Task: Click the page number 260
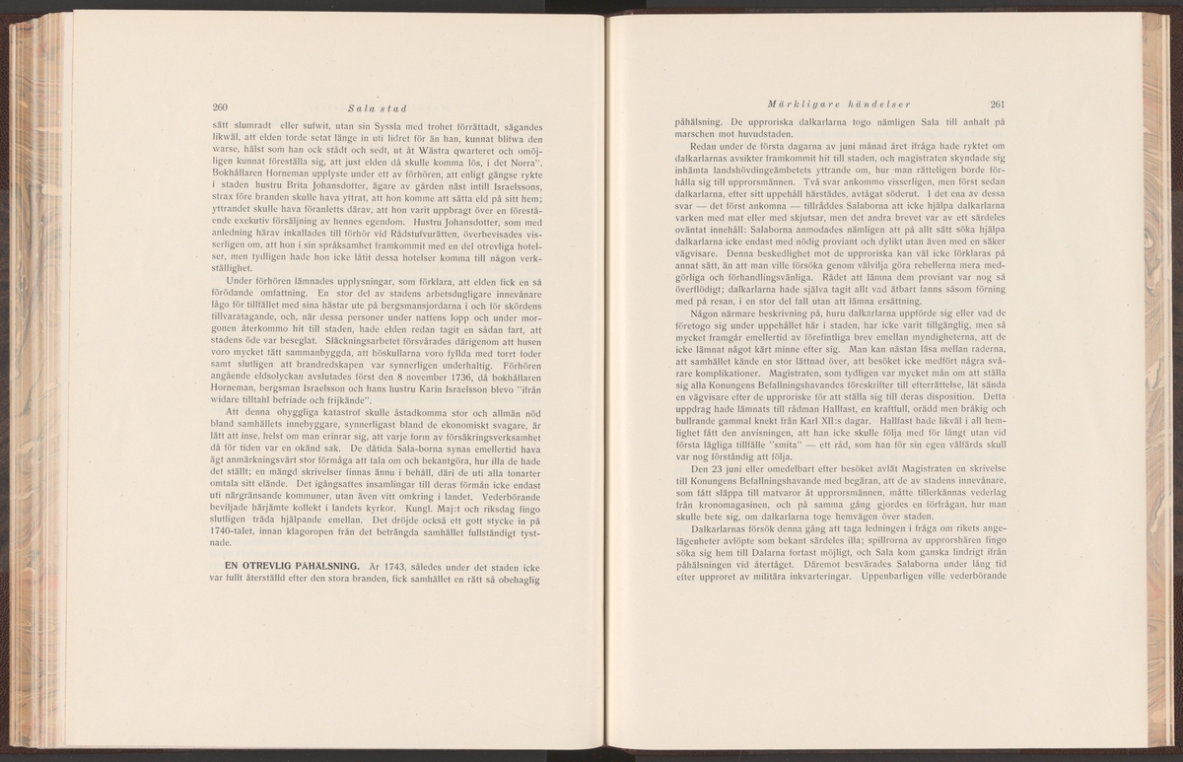222,107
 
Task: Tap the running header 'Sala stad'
371,107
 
